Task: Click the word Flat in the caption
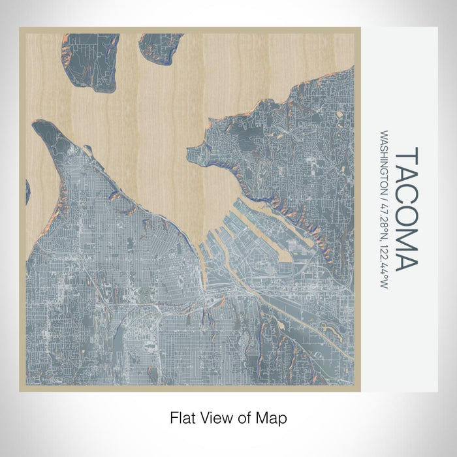182,417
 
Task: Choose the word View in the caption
216,417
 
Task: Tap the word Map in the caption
273,417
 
